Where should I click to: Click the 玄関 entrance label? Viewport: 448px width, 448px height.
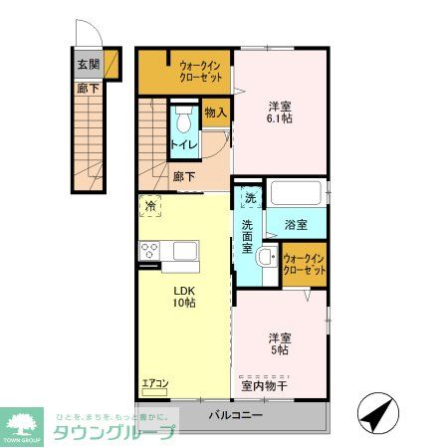pos(90,65)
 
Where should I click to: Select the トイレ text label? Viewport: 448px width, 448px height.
pos(182,145)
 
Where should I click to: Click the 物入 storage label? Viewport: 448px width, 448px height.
pos(216,113)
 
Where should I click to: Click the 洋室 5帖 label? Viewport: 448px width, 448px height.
pos(279,342)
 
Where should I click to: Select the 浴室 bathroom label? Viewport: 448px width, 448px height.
pos(294,225)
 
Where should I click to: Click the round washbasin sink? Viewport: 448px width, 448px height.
pos(263,259)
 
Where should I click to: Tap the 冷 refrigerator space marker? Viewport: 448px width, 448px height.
pos(150,206)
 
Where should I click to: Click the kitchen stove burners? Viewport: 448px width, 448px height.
pos(150,249)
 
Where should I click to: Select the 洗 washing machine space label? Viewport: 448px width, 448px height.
pos(250,197)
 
